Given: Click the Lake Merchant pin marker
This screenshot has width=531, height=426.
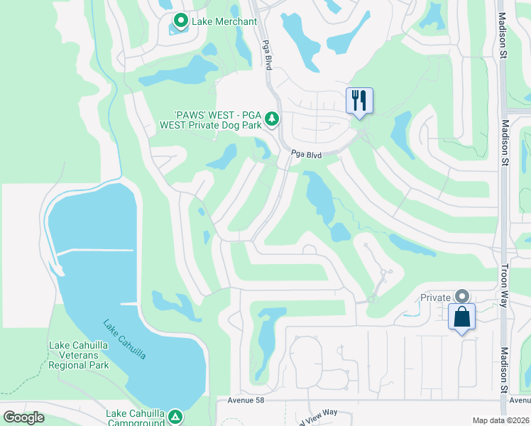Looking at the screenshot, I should click(180, 21).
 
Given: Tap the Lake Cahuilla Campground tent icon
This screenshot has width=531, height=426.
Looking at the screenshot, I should click(175, 417).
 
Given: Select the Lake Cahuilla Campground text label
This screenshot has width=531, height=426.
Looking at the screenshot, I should click(136, 417).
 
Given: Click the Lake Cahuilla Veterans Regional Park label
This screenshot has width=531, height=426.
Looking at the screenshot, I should click(79, 356).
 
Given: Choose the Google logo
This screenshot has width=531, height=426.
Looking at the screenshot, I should click(23, 417).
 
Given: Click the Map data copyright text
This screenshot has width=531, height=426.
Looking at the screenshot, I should click(500, 420).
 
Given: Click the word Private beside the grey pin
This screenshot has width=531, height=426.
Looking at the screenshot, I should click(436, 298).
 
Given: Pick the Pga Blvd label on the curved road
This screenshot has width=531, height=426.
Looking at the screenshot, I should click(307, 154).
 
